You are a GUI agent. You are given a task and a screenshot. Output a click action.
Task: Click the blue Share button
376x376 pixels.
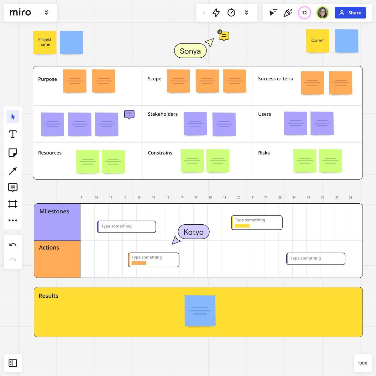(x=350, y=13)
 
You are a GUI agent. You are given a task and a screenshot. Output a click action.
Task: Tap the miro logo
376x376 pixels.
(x=20, y=13)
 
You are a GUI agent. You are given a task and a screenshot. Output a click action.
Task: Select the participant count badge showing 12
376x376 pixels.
(x=304, y=13)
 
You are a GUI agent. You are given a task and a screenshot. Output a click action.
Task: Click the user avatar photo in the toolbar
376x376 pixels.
(x=322, y=13)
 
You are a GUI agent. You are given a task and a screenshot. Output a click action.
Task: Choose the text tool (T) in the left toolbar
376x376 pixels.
(x=13, y=134)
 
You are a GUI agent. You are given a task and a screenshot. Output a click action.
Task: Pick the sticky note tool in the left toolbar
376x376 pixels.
(x=13, y=153)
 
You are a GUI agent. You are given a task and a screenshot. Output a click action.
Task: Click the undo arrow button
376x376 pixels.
(x=13, y=245)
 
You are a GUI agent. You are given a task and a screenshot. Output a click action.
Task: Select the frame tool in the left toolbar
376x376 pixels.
(x=13, y=204)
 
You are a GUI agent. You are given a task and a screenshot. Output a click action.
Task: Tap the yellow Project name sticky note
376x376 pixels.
(x=45, y=42)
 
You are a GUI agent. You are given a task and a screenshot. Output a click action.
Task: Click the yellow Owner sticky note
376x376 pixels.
(x=318, y=41)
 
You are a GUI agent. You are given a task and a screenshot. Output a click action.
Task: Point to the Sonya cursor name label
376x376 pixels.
(x=190, y=51)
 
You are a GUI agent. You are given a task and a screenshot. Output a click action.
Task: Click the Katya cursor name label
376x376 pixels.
(x=194, y=232)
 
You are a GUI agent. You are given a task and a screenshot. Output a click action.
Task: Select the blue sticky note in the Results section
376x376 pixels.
(x=200, y=311)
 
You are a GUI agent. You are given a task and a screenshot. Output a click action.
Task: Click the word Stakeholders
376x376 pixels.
(x=163, y=114)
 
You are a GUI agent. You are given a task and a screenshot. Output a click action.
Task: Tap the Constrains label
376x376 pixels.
(x=160, y=153)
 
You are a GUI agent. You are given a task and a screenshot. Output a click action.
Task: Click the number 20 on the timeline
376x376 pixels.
(x=239, y=198)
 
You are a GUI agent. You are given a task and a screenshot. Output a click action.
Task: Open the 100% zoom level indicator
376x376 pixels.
(x=363, y=363)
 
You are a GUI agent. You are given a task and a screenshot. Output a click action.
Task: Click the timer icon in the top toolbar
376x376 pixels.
(x=231, y=13)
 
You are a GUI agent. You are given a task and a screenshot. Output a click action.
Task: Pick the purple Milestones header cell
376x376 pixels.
(x=57, y=222)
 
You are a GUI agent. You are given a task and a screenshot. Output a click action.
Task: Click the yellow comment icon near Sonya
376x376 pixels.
(x=224, y=36)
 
